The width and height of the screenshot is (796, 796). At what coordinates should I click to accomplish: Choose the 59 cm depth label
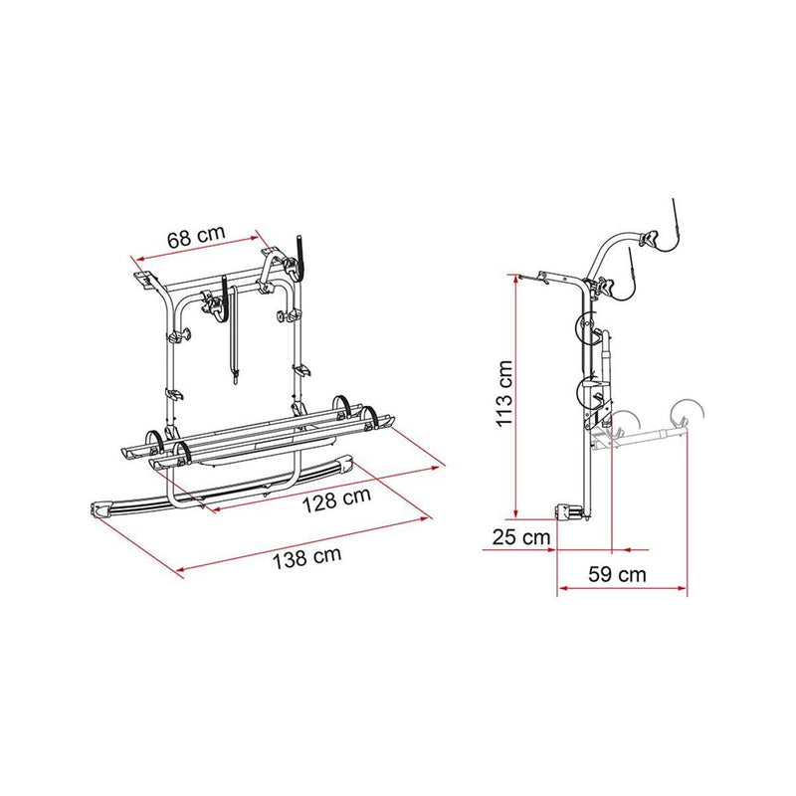point(616,573)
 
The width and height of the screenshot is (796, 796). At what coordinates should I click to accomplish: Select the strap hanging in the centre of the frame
point(233,328)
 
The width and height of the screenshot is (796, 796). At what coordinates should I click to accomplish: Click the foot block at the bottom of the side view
point(570,513)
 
